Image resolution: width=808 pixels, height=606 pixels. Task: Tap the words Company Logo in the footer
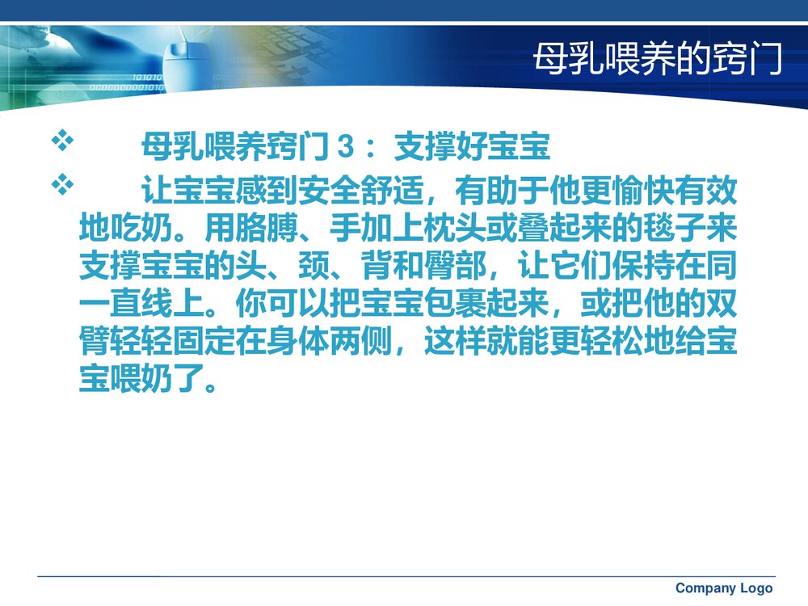pos(723,588)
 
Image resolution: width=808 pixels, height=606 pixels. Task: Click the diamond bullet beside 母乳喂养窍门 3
pos(62,142)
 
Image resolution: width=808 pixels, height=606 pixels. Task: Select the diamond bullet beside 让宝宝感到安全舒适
pos(62,186)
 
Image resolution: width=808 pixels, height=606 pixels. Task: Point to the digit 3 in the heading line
pos(345,149)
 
